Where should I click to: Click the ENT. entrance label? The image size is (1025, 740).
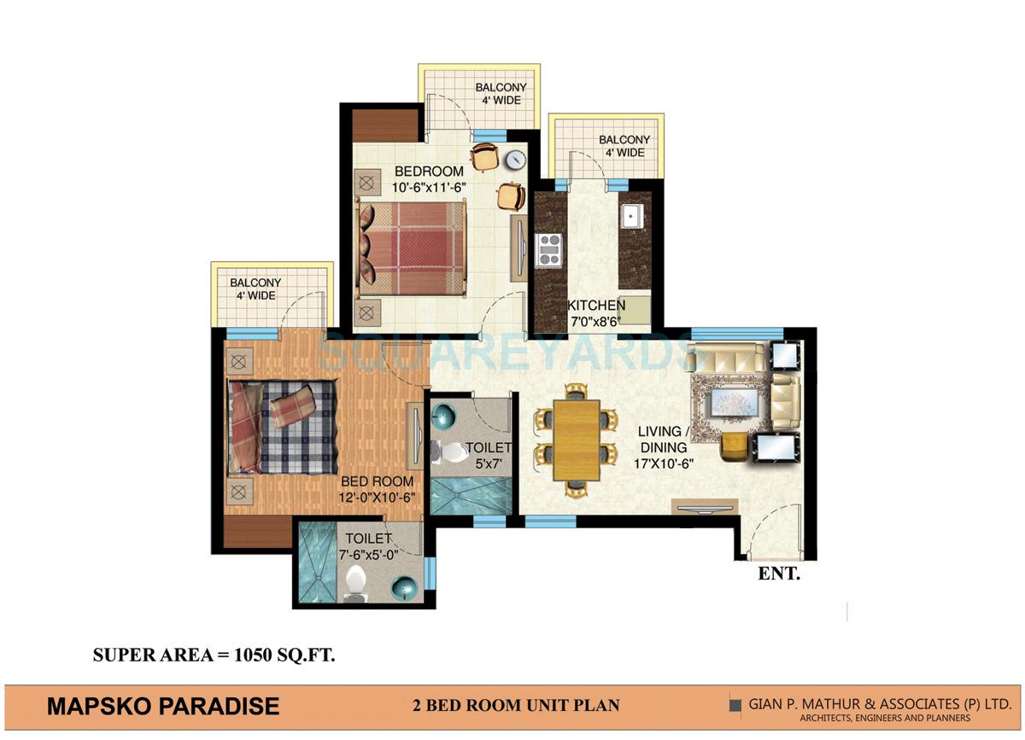[x=779, y=574]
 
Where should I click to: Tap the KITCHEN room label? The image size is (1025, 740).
[x=597, y=306]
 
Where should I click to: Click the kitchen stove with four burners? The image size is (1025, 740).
[x=548, y=249]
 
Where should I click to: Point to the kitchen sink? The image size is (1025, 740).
[x=633, y=217]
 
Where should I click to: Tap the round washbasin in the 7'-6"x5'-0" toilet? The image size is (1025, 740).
[x=402, y=587]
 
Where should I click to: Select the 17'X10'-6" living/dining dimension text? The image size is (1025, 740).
[x=663, y=463]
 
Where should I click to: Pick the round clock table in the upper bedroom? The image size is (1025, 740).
[x=514, y=159]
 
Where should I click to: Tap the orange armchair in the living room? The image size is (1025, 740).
[x=734, y=446]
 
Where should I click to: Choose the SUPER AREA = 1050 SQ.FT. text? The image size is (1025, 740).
[x=214, y=656]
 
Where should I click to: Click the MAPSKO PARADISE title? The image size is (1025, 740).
[x=163, y=706]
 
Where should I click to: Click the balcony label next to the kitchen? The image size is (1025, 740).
[x=624, y=146]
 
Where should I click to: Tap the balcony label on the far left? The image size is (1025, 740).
[x=255, y=289]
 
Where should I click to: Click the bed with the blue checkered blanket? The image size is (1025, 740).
[x=283, y=425]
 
